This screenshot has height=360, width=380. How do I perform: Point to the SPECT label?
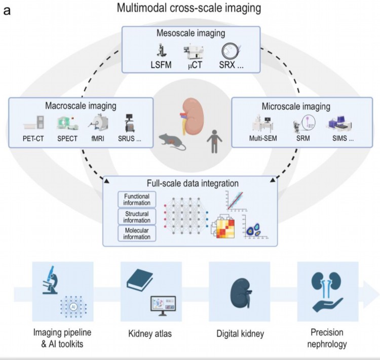click(66, 137)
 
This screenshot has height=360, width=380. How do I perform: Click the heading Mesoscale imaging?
click(189, 34)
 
